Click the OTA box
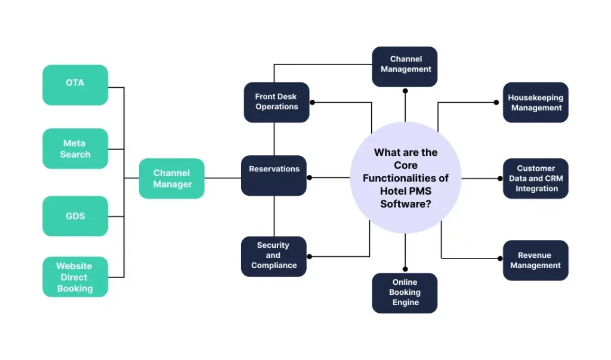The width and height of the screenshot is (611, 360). (75, 85)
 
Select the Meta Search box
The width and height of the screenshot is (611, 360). (75, 149)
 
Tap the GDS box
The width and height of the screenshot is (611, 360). (75, 216)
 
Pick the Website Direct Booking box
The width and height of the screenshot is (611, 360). (75, 277)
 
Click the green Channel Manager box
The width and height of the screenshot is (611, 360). (172, 179)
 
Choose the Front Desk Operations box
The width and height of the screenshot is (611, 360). (277, 102)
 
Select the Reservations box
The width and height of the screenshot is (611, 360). (274, 176)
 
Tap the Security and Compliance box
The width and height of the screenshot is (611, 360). (274, 257)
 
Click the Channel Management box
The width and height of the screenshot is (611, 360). (405, 67)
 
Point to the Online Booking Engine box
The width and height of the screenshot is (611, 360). (405, 293)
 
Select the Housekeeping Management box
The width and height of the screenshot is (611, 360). (536, 102)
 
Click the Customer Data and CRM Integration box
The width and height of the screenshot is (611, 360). (536, 179)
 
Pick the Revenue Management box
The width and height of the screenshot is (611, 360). (536, 260)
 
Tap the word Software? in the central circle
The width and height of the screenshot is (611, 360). (406, 204)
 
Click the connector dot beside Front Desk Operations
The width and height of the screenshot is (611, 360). (312, 102)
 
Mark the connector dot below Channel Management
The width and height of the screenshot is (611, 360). (405, 91)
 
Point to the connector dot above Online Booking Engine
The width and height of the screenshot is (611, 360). (405, 269)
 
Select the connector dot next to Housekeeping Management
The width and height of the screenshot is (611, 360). (496, 102)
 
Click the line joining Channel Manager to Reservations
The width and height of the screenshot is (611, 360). (223, 179)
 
